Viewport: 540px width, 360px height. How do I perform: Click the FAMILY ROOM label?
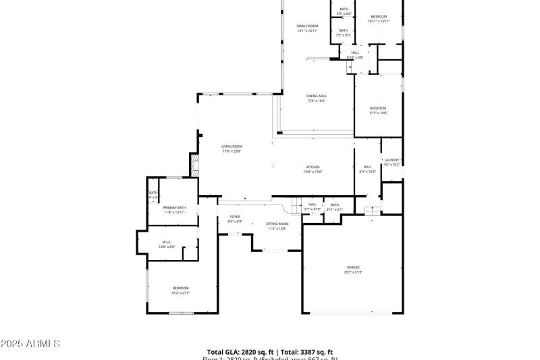click(307, 26)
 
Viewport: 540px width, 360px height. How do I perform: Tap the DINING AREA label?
click(316, 96)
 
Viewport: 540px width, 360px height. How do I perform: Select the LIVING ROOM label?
click(232, 146)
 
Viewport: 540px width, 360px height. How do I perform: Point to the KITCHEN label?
click(313, 167)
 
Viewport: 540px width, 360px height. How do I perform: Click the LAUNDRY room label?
click(392, 160)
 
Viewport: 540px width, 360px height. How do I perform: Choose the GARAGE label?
click(354, 267)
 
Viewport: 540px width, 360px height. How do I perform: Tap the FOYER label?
click(235, 217)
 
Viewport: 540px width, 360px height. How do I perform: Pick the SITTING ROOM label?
click(277, 224)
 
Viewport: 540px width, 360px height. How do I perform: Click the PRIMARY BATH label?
click(174, 207)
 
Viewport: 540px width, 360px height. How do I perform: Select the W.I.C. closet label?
click(167, 242)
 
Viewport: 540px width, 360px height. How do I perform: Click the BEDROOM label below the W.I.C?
click(180, 288)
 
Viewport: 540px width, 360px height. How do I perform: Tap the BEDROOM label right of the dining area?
click(378, 108)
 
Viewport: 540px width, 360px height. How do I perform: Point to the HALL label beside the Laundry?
click(368, 167)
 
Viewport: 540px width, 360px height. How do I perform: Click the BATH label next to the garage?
click(334, 205)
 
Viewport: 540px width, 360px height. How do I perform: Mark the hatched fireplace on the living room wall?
click(194, 163)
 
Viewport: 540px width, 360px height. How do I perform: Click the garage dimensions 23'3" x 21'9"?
click(354, 272)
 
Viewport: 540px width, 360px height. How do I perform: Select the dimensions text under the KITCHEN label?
click(313, 172)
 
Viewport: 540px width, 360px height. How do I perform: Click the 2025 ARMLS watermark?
click(30, 344)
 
